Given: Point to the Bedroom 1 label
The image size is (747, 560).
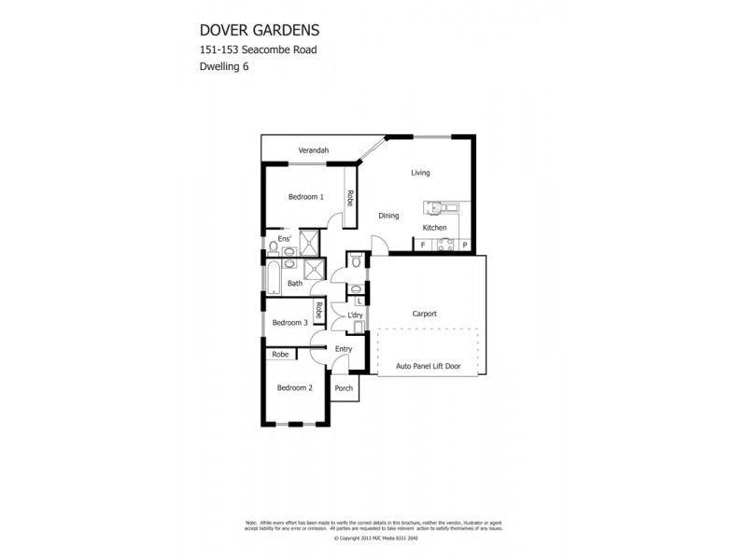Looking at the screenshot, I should [305, 197].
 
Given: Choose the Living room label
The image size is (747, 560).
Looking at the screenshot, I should [420, 173].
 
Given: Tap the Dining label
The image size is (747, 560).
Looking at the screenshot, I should [388, 216].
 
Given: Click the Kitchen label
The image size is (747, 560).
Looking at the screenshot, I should [434, 228].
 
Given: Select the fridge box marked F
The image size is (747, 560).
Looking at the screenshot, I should [423, 245].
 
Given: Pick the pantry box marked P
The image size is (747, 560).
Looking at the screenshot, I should [464, 245].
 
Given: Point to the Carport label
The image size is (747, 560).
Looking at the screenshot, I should [425, 315].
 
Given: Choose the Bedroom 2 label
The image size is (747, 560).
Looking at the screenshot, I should [294, 387].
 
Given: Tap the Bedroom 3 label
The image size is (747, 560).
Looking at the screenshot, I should [289, 323].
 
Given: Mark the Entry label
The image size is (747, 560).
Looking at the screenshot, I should [344, 349].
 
